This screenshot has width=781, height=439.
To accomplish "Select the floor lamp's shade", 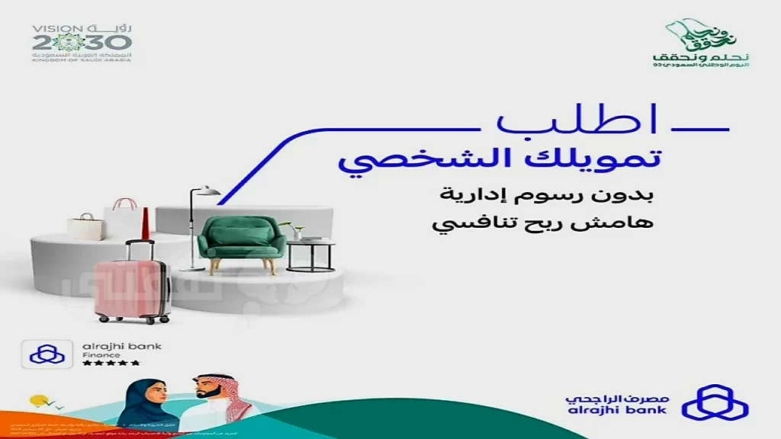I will click(208, 191).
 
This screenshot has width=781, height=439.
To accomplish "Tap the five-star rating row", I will click(111, 363).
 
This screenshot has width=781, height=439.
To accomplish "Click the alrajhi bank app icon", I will click(47, 354).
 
